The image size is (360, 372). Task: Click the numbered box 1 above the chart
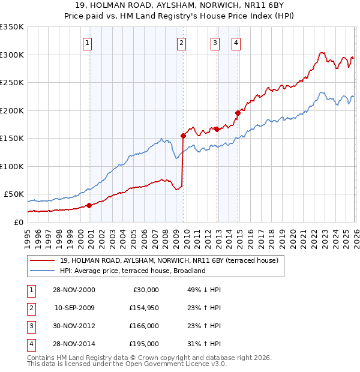coord(88,43)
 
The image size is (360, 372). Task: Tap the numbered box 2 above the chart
coord(181,43)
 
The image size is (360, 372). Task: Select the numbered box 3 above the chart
coord(215,43)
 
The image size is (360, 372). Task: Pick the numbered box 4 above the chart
coord(236,43)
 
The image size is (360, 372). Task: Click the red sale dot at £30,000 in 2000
coord(89,205)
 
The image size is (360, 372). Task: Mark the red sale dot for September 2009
coord(183,136)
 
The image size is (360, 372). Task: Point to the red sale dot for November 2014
coord(238,113)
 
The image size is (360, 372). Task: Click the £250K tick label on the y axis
coord(12,83)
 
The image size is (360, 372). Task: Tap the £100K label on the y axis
coord(12,166)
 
